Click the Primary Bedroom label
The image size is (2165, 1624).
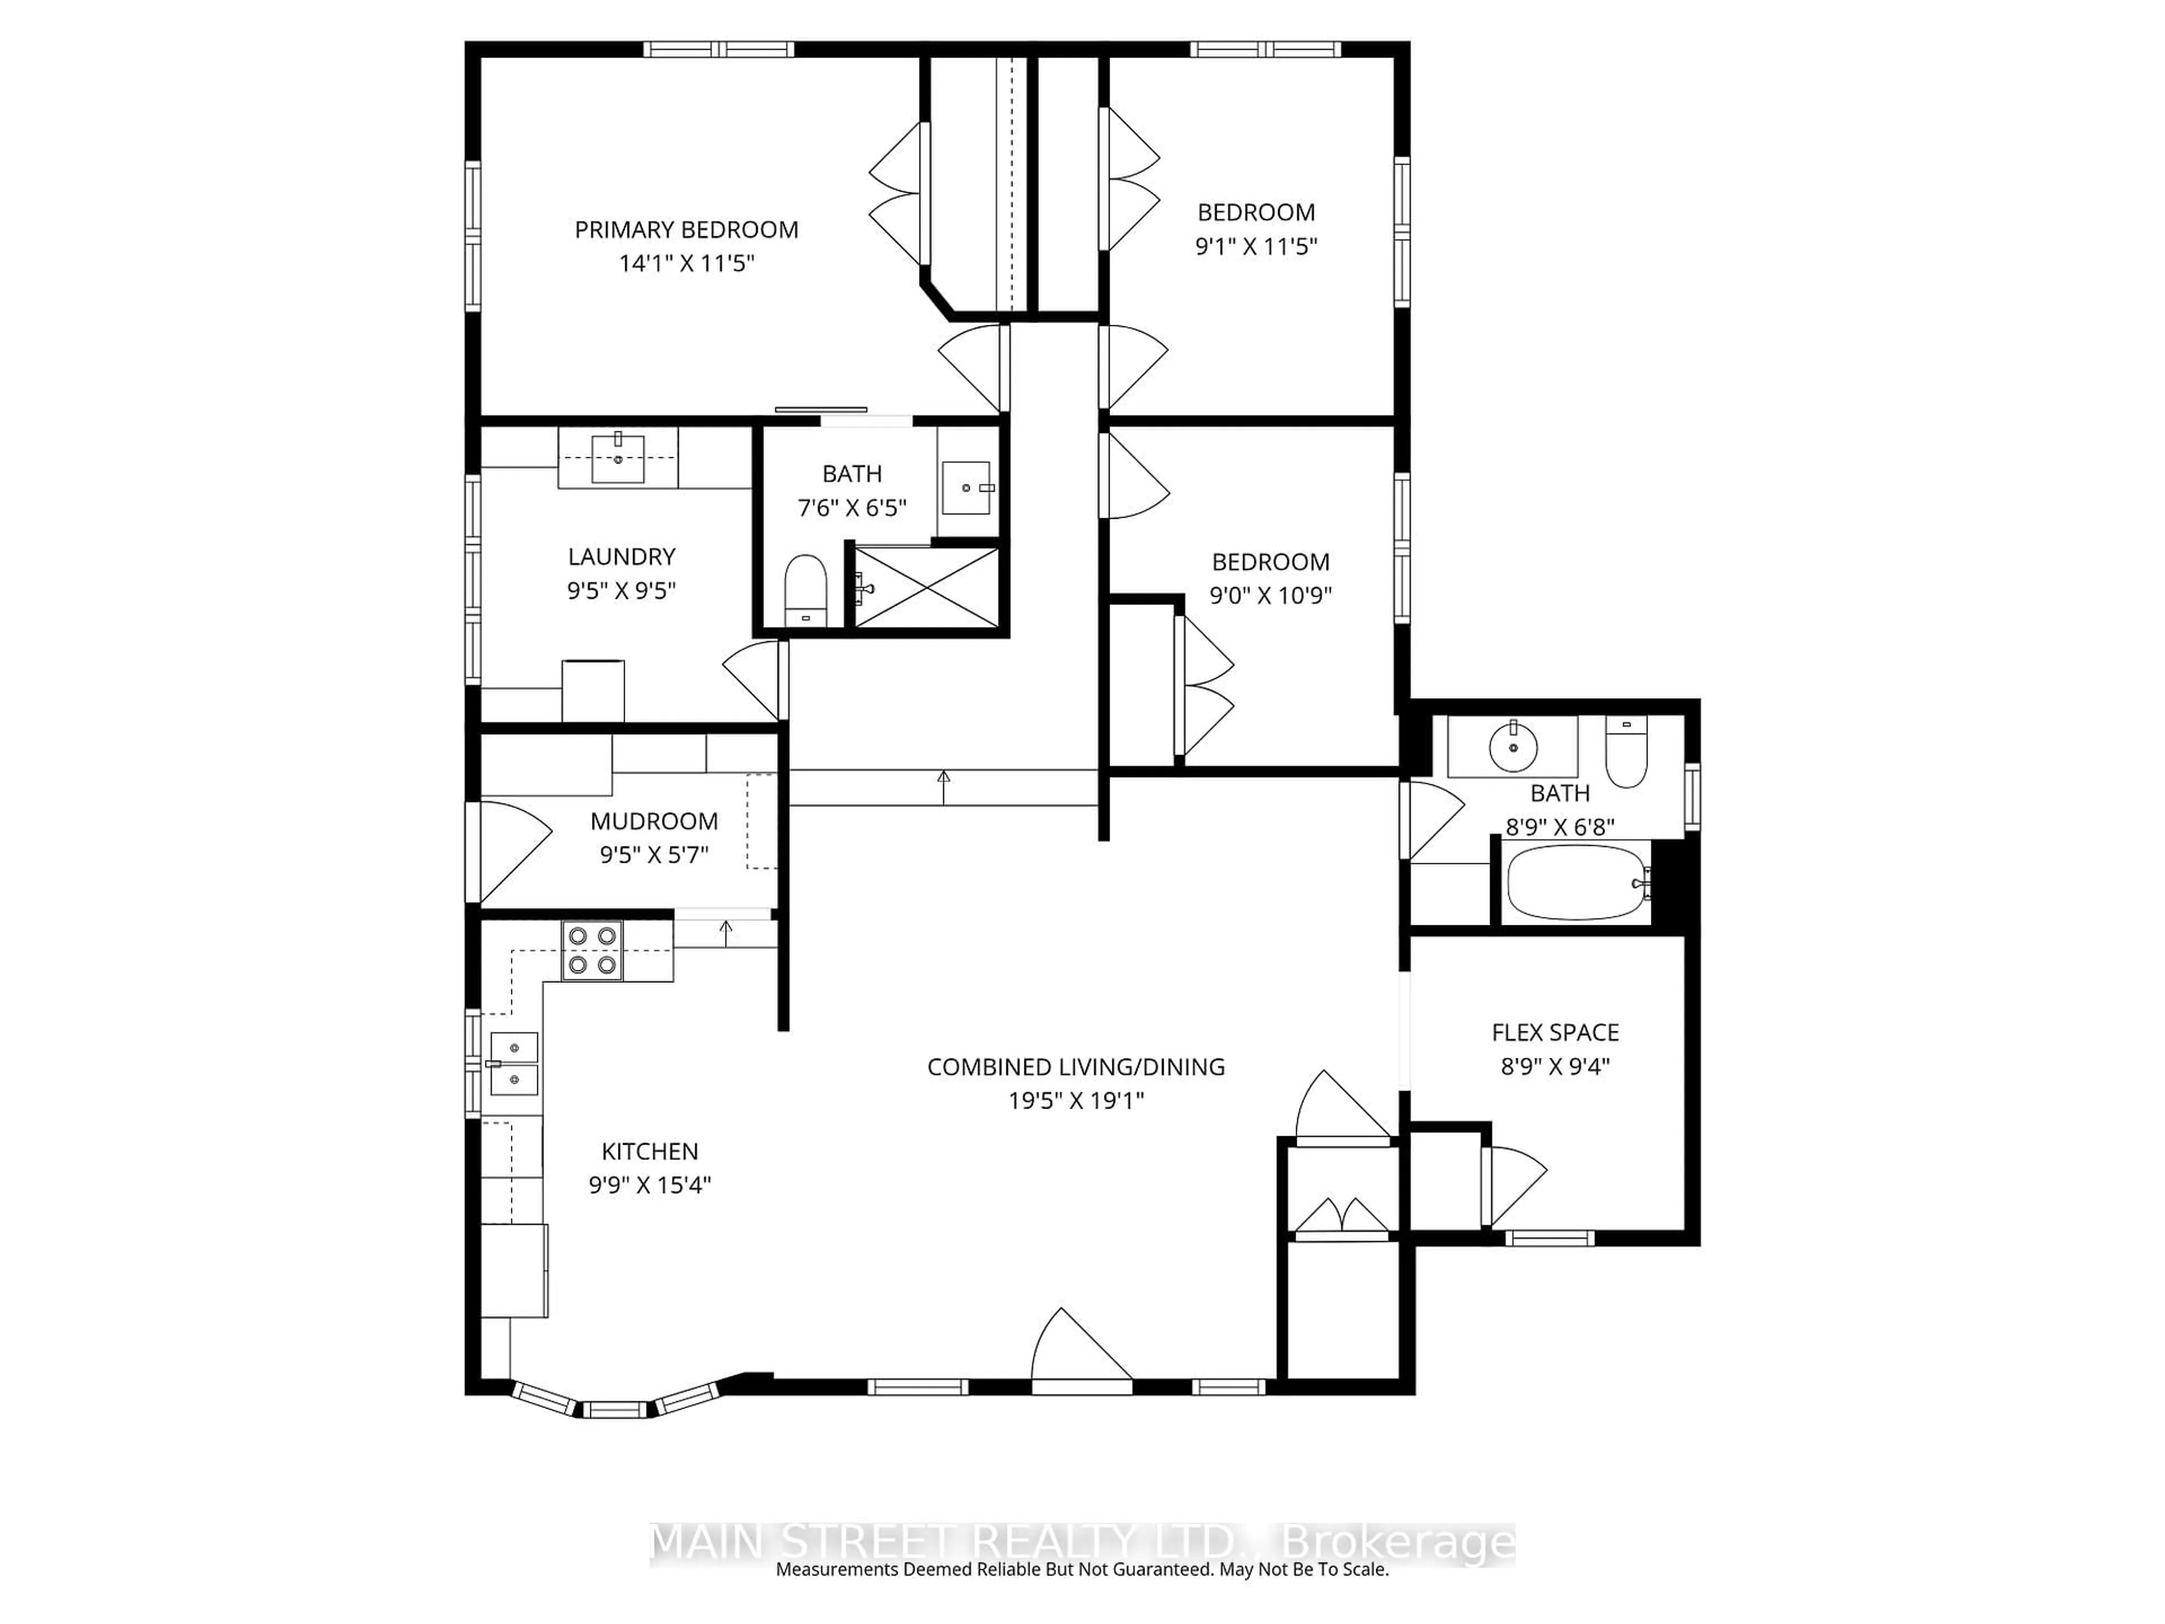(686, 230)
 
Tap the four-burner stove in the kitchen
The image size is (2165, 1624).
(591, 951)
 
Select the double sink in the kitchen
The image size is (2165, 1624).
(514, 1063)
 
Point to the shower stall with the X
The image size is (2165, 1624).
(926, 588)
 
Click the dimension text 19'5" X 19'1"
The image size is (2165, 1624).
(1076, 1100)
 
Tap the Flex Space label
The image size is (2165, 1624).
(1554, 1032)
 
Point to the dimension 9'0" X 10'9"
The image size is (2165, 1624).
(1270, 595)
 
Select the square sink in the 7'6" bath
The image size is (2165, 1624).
(966, 488)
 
